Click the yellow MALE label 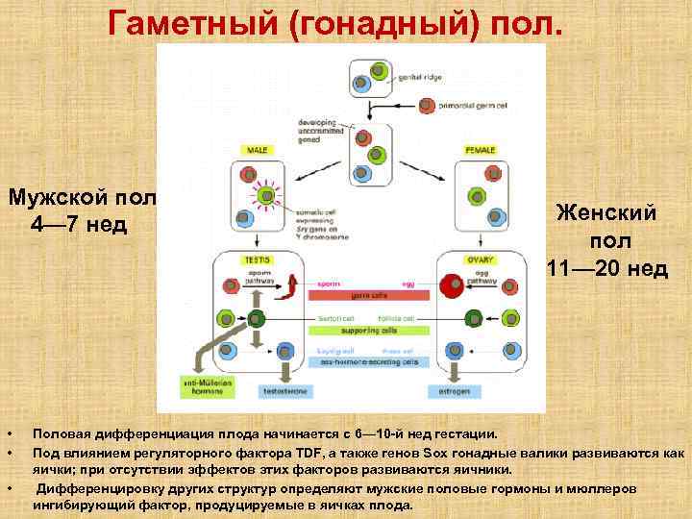click(x=257, y=151)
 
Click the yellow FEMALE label click(x=479, y=151)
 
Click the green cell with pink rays click(x=268, y=198)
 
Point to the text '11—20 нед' click(x=607, y=267)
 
